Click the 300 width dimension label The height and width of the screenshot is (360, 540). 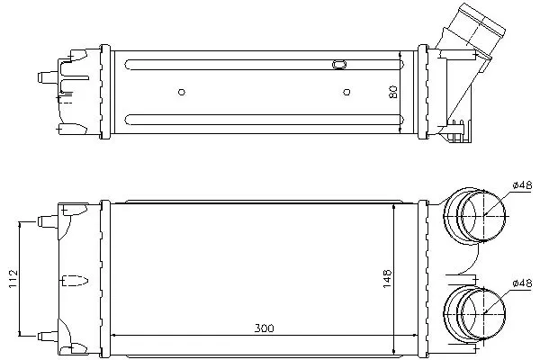[264, 328]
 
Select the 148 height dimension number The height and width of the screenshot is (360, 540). [387, 279]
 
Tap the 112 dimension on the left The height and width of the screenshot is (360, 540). [13, 279]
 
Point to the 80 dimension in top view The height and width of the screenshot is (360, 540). [393, 92]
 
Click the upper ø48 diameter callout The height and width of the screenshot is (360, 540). [522, 185]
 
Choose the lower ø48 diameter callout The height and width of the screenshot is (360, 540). [522, 283]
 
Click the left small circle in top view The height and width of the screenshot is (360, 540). [182, 92]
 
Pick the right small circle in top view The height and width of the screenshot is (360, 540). [346, 92]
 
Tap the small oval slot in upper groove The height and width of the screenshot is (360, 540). [339, 65]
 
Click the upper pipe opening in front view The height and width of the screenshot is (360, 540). [483, 215]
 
